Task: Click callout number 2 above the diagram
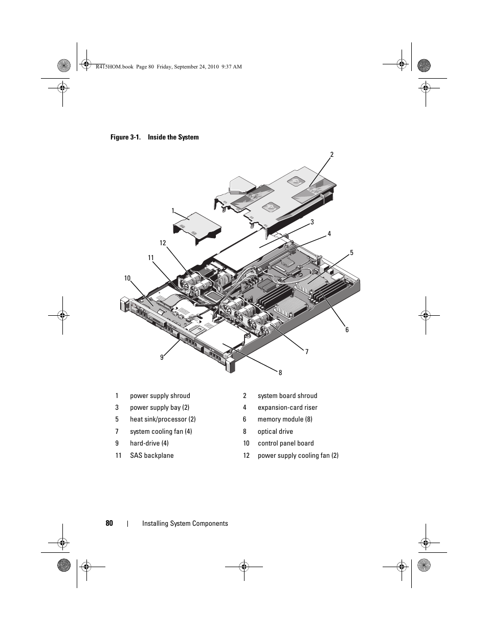click(x=331, y=154)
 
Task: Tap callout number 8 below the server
click(x=280, y=372)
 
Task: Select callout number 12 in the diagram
click(x=163, y=243)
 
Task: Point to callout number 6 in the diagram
click(x=347, y=330)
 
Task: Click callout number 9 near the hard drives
click(x=162, y=357)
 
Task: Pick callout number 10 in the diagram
click(x=127, y=278)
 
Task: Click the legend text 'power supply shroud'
click(x=160, y=395)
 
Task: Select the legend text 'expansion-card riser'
click(x=287, y=407)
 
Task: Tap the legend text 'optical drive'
click(x=275, y=431)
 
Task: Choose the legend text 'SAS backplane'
click(x=151, y=455)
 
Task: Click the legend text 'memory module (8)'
click(x=285, y=419)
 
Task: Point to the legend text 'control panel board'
click(x=285, y=443)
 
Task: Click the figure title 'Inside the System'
click(x=173, y=137)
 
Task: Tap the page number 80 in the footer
click(x=109, y=523)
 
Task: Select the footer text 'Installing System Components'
click(x=185, y=523)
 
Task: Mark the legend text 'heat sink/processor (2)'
click(x=163, y=419)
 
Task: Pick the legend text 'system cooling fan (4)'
click(x=161, y=431)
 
